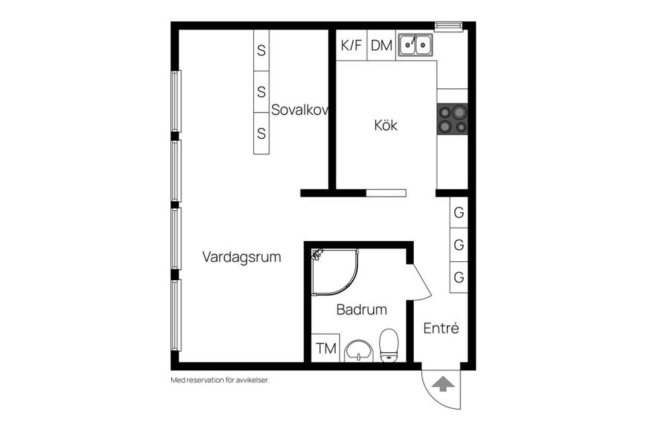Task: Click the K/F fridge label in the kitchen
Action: click(x=352, y=46)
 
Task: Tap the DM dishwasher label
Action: click(x=381, y=46)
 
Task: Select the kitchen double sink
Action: click(x=415, y=45)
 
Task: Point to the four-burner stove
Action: click(x=452, y=119)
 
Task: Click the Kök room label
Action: click(x=386, y=125)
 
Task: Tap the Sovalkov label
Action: click(x=299, y=110)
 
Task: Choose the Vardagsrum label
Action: click(x=241, y=257)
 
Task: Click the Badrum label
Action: click(x=362, y=310)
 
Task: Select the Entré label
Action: click(x=441, y=329)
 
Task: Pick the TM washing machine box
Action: click(x=326, y=348)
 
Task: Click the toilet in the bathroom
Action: click(x=390, y=345)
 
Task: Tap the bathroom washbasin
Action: click(x=359, y=351)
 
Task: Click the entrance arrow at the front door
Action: click(x=443, y=384)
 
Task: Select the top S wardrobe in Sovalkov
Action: click(x=261, y=50)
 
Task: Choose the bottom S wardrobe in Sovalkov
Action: click(x=261, y=133)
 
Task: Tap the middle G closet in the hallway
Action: click(x=459, y=245)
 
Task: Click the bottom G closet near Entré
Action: click(x=459, y=277)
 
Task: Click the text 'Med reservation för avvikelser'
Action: click(x=220, y=380)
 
